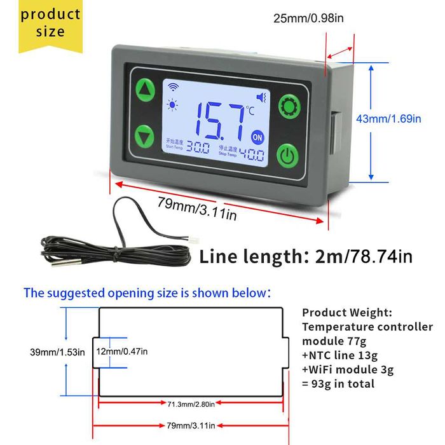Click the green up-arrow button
click(146, 90)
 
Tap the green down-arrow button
click(144, 136)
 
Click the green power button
click(287, 156)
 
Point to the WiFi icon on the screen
click(173, 86)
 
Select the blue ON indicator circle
click(257, 137)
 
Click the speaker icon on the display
click(261, 97)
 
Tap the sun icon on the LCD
click(172, 105)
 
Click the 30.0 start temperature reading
click(198, 148)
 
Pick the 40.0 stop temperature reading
click(252, 154)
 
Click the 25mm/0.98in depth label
click(308, 18)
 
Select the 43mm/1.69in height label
click(388, 119)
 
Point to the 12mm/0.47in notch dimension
click(122, 352)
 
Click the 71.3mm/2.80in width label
click(191, 404)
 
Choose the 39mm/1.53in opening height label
click(57, 352)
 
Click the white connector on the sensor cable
click(193, 241)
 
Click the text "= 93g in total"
click(338, 384)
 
